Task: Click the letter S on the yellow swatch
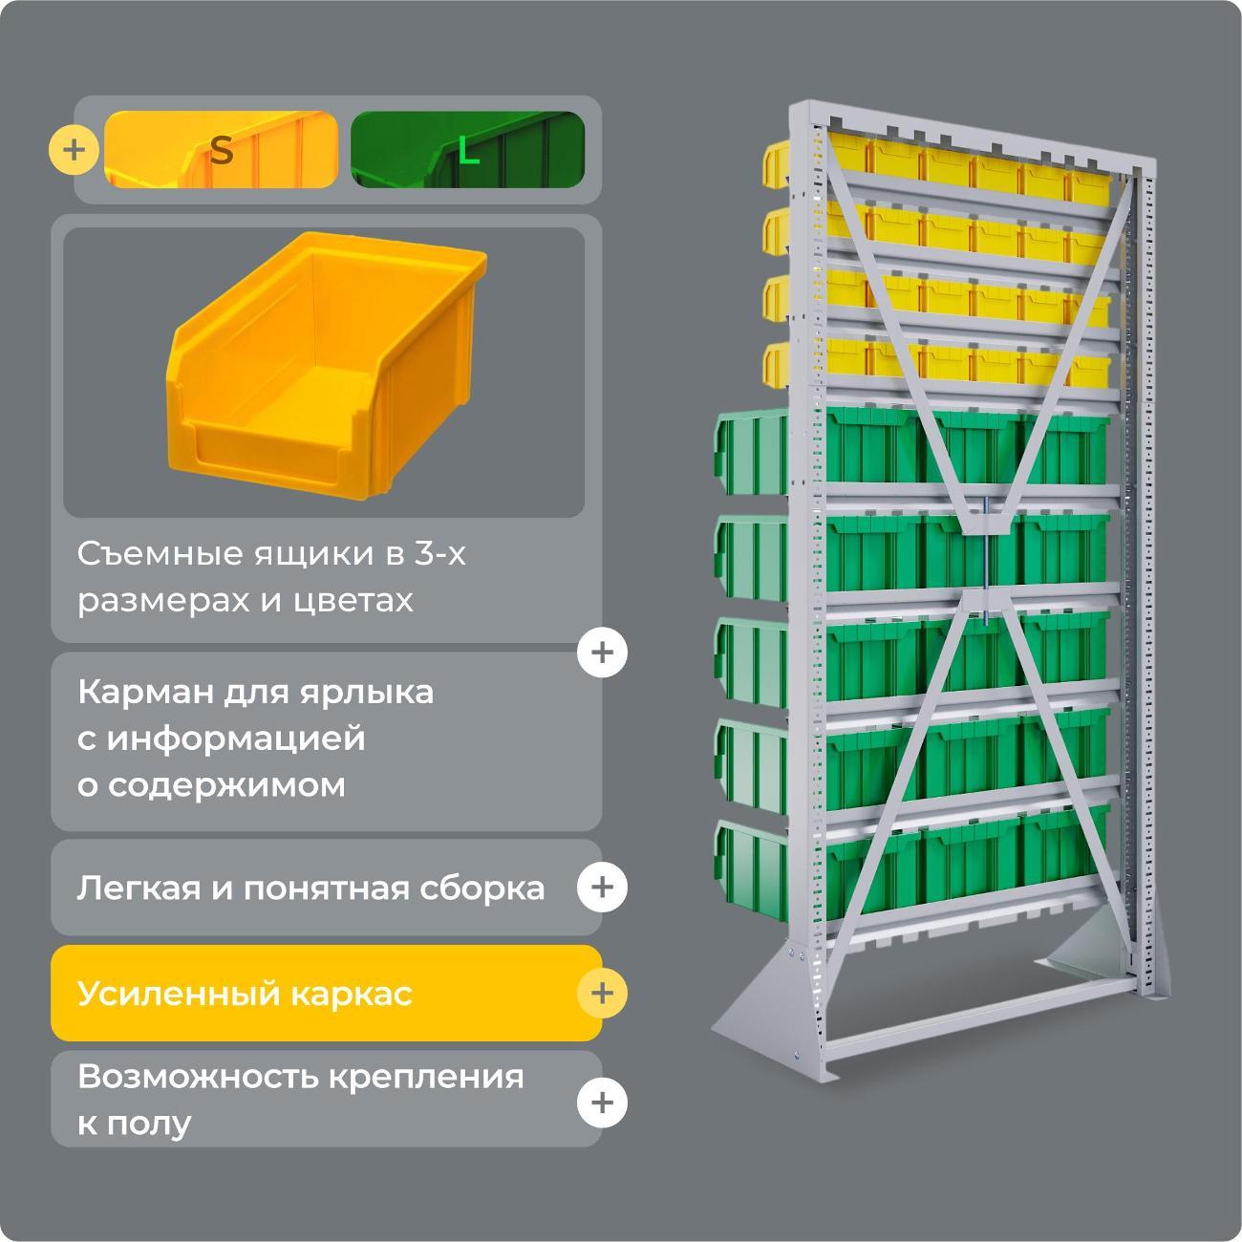[x=221, y=151]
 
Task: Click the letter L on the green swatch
[x=468, y=151]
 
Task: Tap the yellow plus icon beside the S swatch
[x=74, y=150]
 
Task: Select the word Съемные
[x=161, y=554]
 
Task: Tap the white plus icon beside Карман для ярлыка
[x=602, y=653]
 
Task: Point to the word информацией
[x=236, y=739]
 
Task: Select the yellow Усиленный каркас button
[x=327, y=994]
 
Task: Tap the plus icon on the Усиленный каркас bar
[x=602, y=994]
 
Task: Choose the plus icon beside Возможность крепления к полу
[x=602, y=1103]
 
